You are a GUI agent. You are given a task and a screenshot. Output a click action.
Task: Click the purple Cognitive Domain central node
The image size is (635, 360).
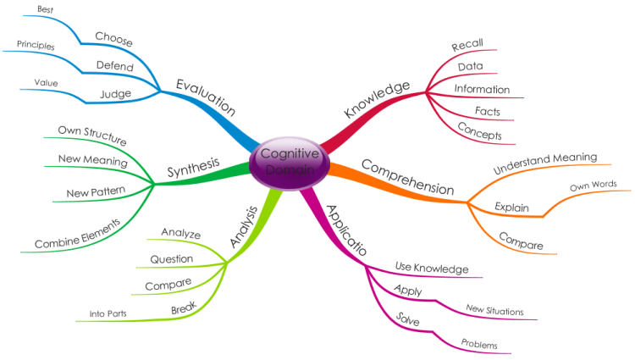pos(290,163)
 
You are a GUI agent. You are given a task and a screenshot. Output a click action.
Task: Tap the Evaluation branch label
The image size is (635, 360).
pos(206,97)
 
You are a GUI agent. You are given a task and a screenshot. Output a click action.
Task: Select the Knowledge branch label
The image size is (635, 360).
pos(377,99)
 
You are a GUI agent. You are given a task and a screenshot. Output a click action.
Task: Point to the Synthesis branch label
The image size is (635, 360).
pos(193,167)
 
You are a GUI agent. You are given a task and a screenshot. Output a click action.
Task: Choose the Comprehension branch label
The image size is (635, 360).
pos(407,177)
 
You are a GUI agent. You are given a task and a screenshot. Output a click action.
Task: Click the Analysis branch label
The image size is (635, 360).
pos(244,227)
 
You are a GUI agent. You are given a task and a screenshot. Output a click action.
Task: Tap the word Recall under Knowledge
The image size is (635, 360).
pos(467,45)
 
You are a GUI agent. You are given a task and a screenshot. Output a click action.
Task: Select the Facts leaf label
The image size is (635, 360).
pos(488,111)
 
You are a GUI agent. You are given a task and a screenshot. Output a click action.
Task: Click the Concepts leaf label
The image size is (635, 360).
pos(479,130)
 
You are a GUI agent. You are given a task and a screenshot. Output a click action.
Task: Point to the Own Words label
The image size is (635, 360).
pos(594,186)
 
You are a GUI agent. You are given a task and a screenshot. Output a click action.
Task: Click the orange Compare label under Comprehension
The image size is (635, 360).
pos(521,241)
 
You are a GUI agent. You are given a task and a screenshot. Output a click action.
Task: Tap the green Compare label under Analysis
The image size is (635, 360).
pos(168,285)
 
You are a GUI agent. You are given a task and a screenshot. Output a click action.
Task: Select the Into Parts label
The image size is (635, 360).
pos(108,313)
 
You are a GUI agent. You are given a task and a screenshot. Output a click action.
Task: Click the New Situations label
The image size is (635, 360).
pos(494,310)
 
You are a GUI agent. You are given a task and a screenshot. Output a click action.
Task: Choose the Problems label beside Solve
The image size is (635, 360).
pos(479,344)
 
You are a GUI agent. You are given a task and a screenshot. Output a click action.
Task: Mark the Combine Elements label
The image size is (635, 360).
pos(78,234)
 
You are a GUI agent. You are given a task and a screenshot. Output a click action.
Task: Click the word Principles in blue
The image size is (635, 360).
pos(36,45)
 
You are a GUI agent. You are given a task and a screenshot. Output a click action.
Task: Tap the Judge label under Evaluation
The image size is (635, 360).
pos(115,94)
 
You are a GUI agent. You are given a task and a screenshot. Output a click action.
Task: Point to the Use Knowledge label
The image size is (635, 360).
pos(432,268)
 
